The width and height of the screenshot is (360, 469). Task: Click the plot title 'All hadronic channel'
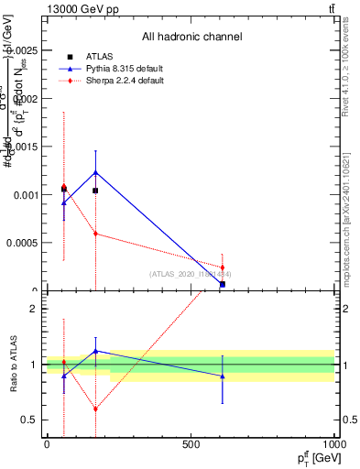coord(191,37)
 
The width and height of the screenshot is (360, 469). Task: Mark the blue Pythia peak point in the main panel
coord(95,172)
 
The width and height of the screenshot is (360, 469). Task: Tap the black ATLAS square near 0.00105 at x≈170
coord(95,191)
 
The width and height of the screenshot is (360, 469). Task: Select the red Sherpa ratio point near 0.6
coord(95,409)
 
